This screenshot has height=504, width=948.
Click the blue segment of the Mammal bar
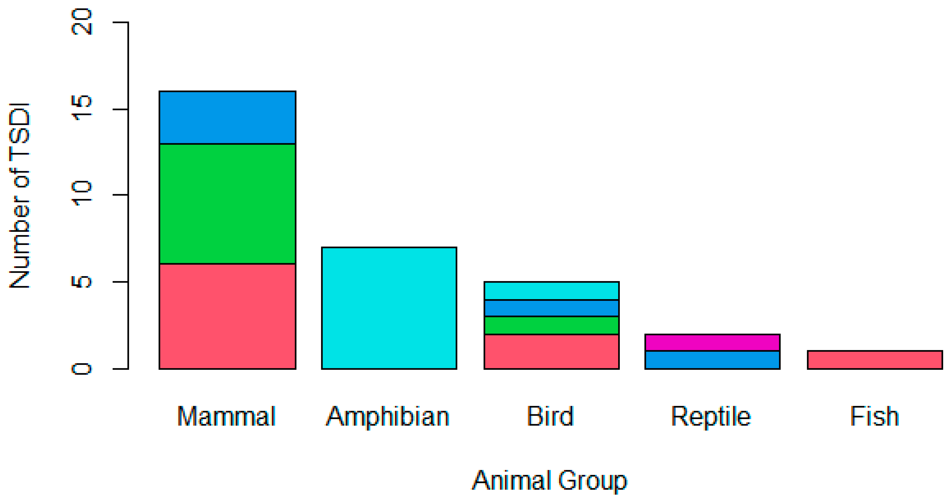click(x=228, y=118)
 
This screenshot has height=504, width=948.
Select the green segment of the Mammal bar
click(x=228, y=204)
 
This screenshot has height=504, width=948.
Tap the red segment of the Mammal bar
click(x=228, y=316)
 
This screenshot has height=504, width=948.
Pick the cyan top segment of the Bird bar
click(x=551, y=291)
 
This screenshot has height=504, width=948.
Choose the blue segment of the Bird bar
click(x=551, y=308)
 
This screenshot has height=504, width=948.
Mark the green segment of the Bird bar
click(x=551, y=325)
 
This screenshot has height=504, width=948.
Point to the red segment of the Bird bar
click(x=551, y=351)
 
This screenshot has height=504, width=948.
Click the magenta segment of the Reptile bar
click(x=712, y=343)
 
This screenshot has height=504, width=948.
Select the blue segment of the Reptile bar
click(x=712, y=360)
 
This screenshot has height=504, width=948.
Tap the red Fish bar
click(x=875, y=360)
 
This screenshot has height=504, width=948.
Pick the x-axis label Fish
click(x=874, y=416)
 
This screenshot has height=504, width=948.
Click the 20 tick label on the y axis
click(x=82, y=22)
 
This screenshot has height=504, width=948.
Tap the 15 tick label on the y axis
click(x=82, y=108)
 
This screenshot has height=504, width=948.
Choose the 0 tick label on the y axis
click(x=82, y=369)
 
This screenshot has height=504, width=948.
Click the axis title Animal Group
click(x=550, y=481)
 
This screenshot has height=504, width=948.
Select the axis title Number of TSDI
click(x=19, y=196)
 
